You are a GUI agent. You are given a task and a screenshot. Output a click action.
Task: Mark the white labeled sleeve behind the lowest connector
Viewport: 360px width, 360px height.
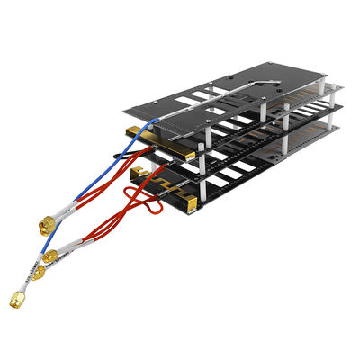coord(32,280)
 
